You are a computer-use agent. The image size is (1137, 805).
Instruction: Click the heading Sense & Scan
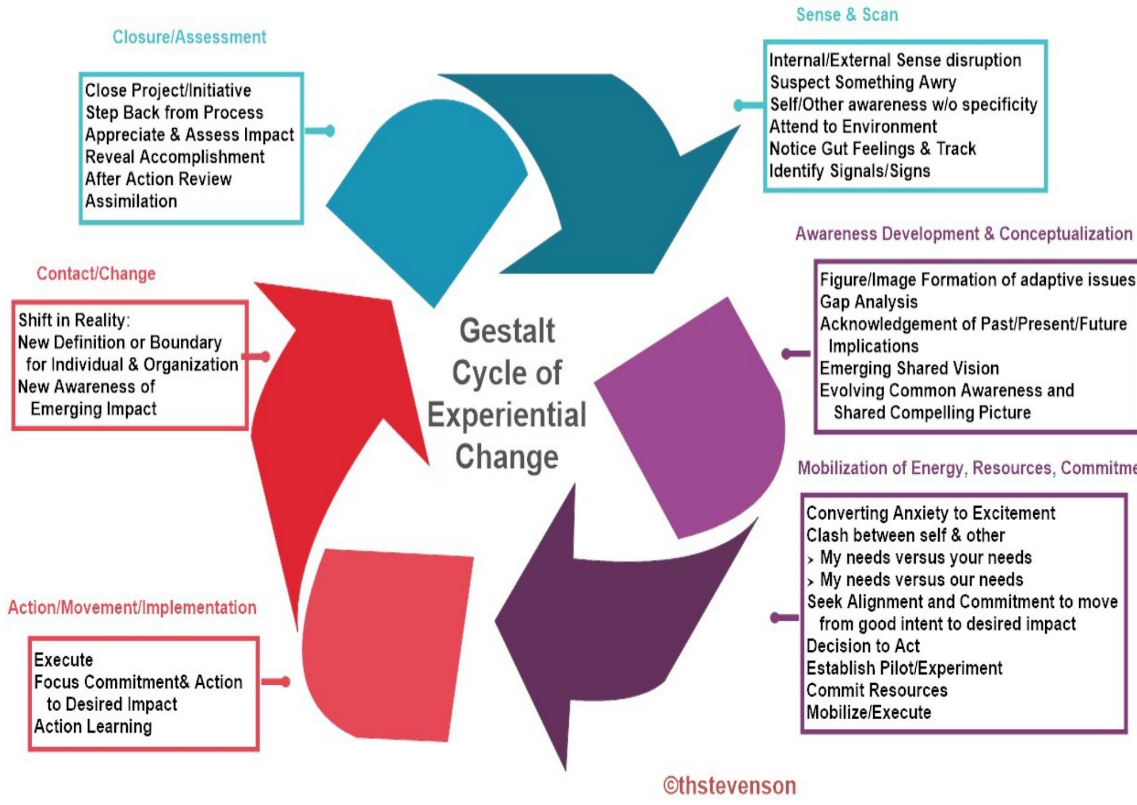tap(847, 15)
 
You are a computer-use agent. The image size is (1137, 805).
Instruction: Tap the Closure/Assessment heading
tap(189, 37)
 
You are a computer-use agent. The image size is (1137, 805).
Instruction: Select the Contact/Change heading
tap(96, 273)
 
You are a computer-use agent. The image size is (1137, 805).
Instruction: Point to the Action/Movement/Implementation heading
tap(132, 607)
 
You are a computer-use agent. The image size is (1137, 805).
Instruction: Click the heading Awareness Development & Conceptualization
tap(964, 234)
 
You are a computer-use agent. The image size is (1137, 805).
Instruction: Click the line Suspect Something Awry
tap(863, 83)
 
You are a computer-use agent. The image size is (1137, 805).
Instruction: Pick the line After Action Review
tap(158, 179)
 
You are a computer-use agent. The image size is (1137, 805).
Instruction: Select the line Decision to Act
tap(863, 646)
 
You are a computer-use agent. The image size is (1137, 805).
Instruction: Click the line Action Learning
tap(93, 726)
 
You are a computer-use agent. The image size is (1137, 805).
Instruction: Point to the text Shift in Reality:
tap(74, 320)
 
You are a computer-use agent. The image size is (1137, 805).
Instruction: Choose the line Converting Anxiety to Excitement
tap(931, 513)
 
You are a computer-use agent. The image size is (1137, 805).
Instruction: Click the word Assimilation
tap(131, 201)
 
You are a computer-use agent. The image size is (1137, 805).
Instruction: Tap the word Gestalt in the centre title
tap(507, 331)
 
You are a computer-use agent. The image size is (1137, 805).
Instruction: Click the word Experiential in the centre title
tap(507, 415)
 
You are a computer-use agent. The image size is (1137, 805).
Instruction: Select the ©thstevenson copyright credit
tap(729, 785)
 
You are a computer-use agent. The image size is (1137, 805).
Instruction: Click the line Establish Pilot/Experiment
tap(905, 668)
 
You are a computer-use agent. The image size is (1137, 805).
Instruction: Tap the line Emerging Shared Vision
tap(910, 368)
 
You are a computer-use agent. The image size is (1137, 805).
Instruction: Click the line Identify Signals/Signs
tap(850, 171)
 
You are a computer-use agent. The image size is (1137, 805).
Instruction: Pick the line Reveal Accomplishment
tap(175, 157)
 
